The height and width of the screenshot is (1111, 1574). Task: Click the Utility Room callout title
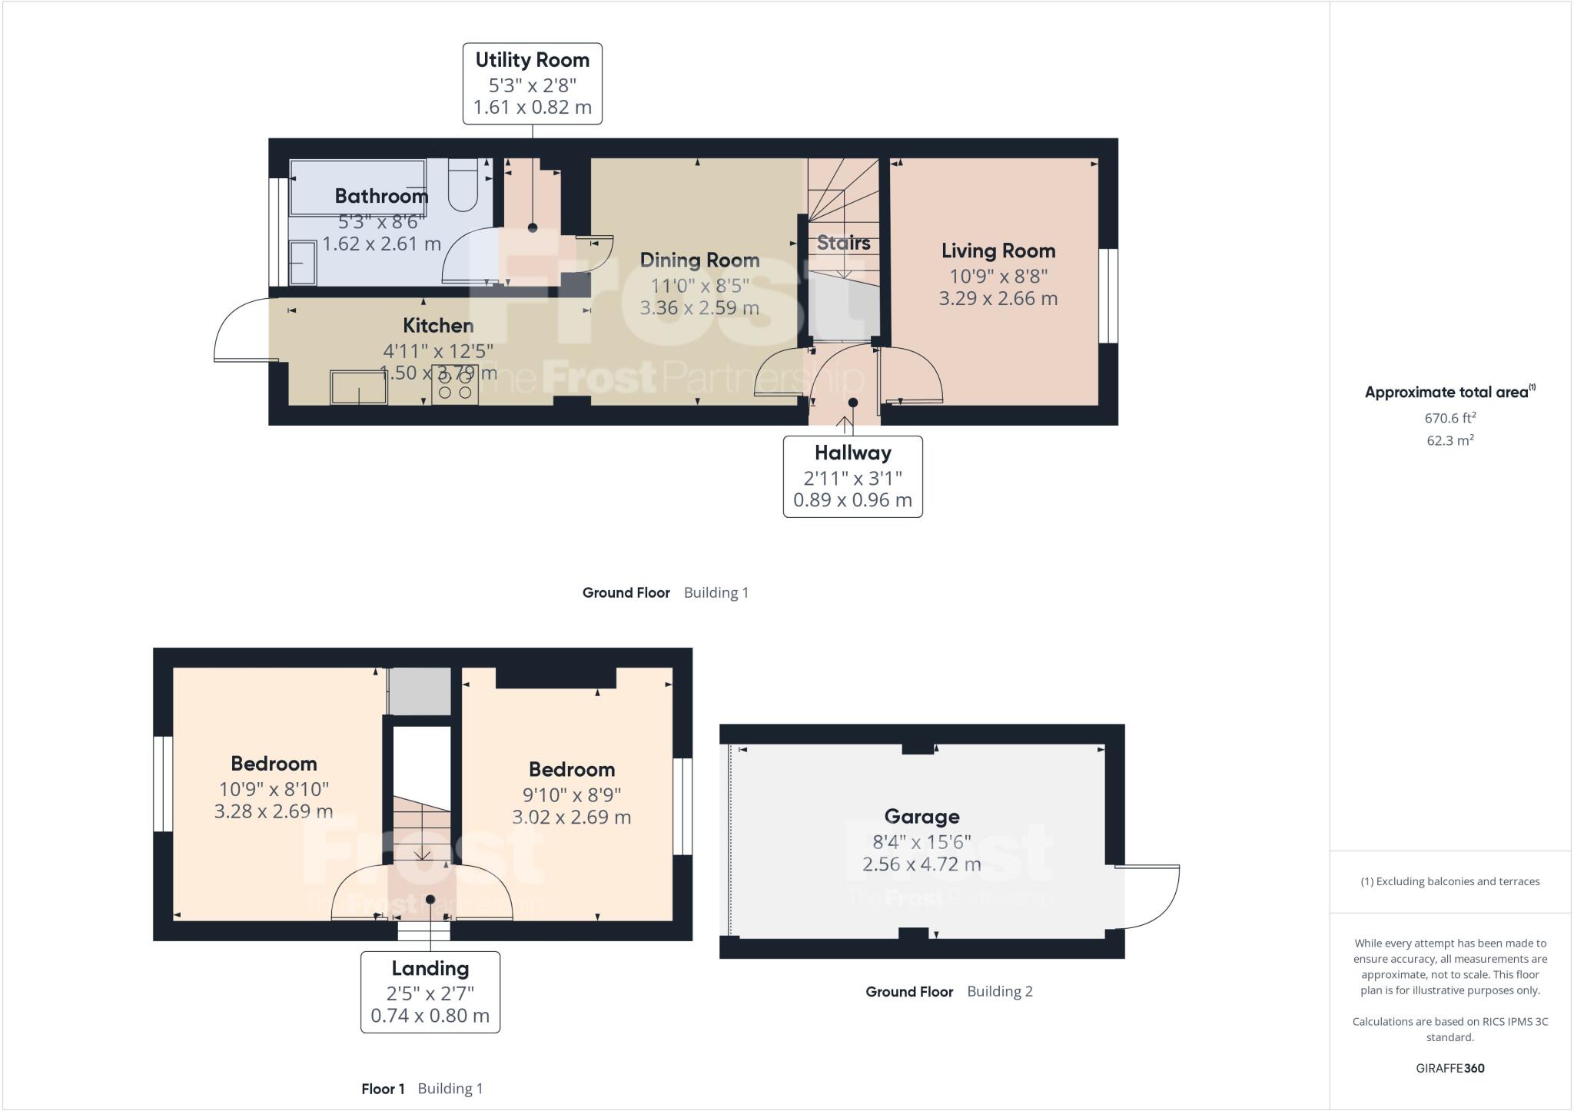[x=532, y=60]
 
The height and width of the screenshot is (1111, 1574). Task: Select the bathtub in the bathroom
[x=357, y=188]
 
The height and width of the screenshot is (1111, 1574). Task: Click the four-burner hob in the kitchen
[x=454, y=385]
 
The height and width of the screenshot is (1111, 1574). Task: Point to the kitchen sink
[x=358, y=387]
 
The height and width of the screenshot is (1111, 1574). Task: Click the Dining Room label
[x=699, y=260]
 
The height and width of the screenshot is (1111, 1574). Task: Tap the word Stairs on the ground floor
[x=843, y=243]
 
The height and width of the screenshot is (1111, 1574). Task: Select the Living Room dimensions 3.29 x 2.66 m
[x=998, y=299]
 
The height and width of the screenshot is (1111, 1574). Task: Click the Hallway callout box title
[x=852, y=453]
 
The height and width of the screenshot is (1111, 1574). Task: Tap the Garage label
[x=921, y=816]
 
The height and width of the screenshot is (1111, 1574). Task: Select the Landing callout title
[x=430, y=968]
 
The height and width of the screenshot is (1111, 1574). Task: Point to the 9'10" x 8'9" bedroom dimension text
[x=571, y=794]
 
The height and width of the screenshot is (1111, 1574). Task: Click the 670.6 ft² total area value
[x=1449, y=419]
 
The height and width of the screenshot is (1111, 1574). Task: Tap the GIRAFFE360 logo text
[x=1449, y=1068]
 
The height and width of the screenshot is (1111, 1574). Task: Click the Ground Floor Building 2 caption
[x=948, y=992]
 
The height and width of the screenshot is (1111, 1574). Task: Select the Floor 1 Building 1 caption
[x=422, y=1089]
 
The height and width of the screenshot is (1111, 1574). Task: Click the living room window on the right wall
[x=1107, y=295]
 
